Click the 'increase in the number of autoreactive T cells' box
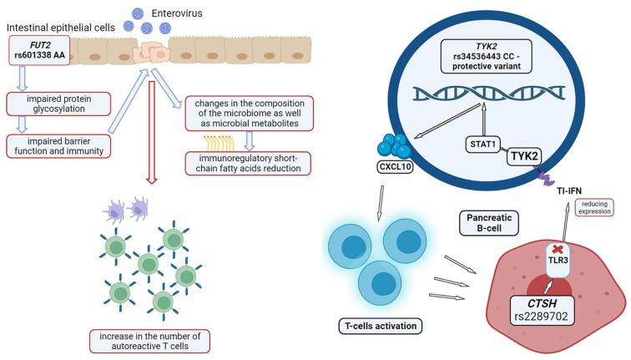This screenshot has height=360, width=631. click(x=149, y=340)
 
